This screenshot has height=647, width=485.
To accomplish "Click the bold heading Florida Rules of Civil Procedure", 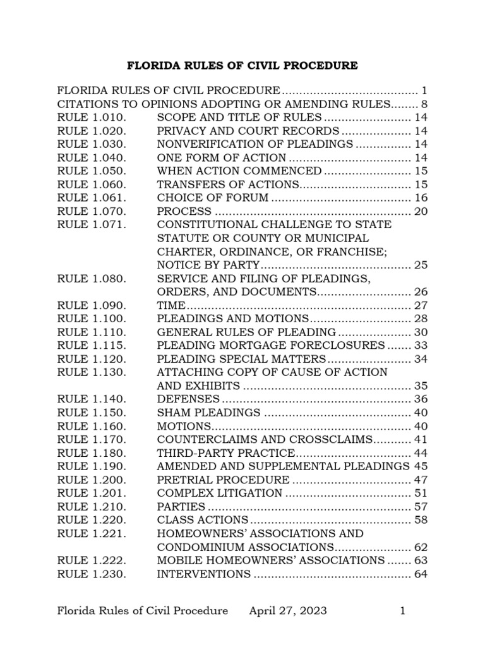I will pyautogui.click(x=242, y=66).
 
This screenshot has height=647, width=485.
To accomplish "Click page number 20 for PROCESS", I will pyautogui.click(x=421, y=211).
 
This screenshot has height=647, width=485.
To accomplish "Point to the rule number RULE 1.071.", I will pyautogui.click(x=92, y=224).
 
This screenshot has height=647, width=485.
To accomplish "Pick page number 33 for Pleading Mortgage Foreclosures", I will pyautogui.click(x=421, y=346).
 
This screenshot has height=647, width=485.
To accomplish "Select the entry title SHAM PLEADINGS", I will pyautogui.click(x=208, y=413).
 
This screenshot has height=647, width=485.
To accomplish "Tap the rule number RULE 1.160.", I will pyautogui.click(x=92, y=426).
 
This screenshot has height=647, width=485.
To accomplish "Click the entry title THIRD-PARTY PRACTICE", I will pyautogui.click(x=226, y=453).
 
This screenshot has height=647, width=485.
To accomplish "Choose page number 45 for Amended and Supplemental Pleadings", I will pyautogui.click(x=421, y=466).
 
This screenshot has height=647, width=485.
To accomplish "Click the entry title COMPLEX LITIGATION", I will pyautogui.click(x=220, y=493).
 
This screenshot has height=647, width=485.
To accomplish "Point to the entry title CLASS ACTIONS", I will pyautogui.click(x=203, y=520).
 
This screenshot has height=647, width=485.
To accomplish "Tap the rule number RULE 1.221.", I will pyautogui.click(x=92, y=533).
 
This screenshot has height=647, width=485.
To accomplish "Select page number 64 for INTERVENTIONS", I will pyautogui.click(x=421, y=574).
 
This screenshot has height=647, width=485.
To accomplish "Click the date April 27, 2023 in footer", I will pyautogui.click(x=288, y=610).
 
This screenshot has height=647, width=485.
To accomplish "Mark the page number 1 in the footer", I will pyautogui.click(x=402, y=610).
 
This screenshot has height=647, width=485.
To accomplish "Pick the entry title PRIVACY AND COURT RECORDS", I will pyautogui.click(x=248, y=131).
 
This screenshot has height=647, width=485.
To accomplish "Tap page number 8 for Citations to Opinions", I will pyautogui.click(x=424, y=104).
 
